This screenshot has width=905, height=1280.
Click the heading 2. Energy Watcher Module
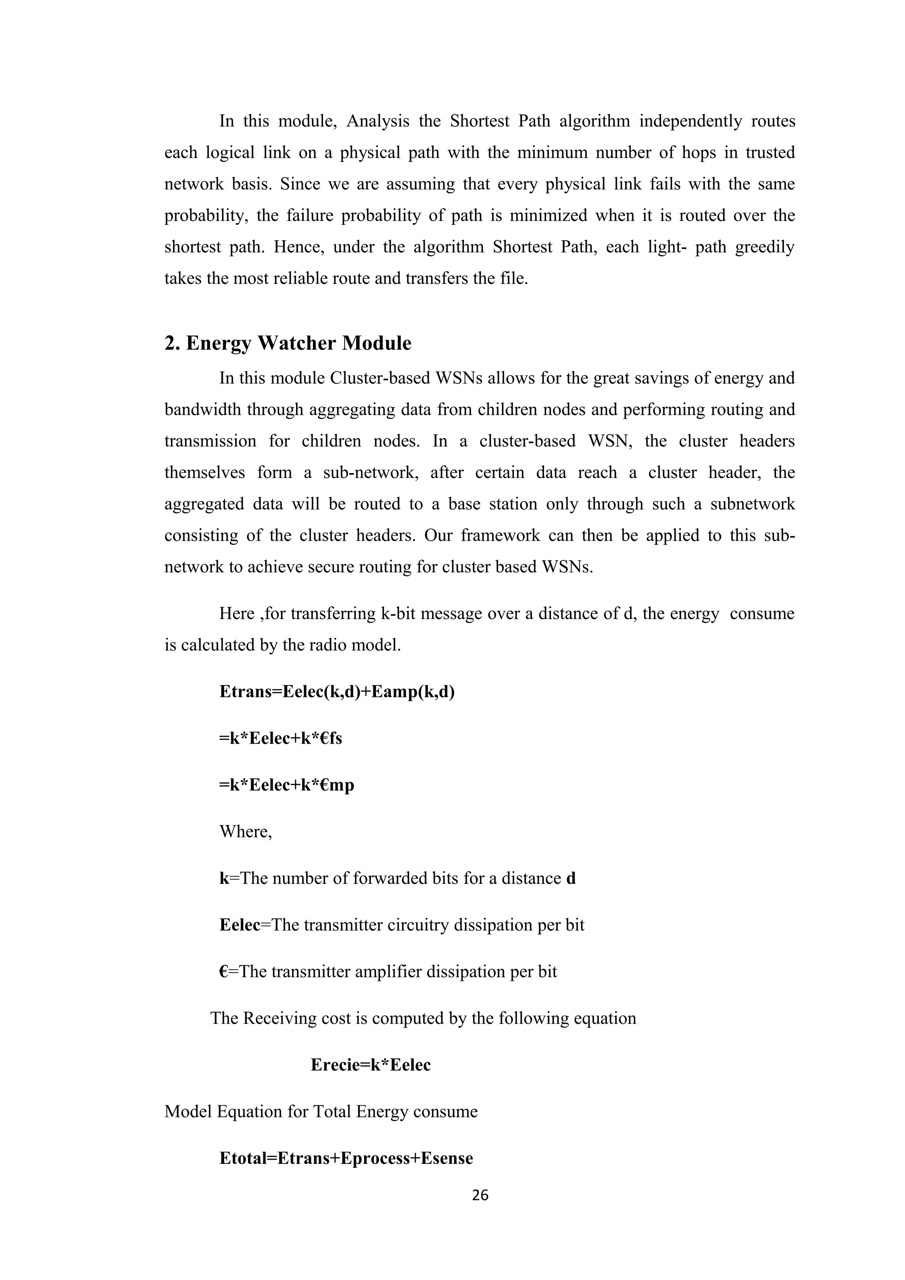[x=287, y=343]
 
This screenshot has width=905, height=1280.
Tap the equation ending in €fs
[x=281, y=738]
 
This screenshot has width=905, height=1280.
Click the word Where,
[x=245, y=832]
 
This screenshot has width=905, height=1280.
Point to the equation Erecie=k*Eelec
[x=370, y=1065]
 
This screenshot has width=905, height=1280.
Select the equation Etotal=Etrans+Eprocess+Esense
[x=346, y=1158]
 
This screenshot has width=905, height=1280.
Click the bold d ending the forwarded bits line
[x=570, y=879]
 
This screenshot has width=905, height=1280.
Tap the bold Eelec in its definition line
[x=240, y=925]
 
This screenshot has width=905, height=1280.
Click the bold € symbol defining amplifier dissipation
[x=223, y=972]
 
